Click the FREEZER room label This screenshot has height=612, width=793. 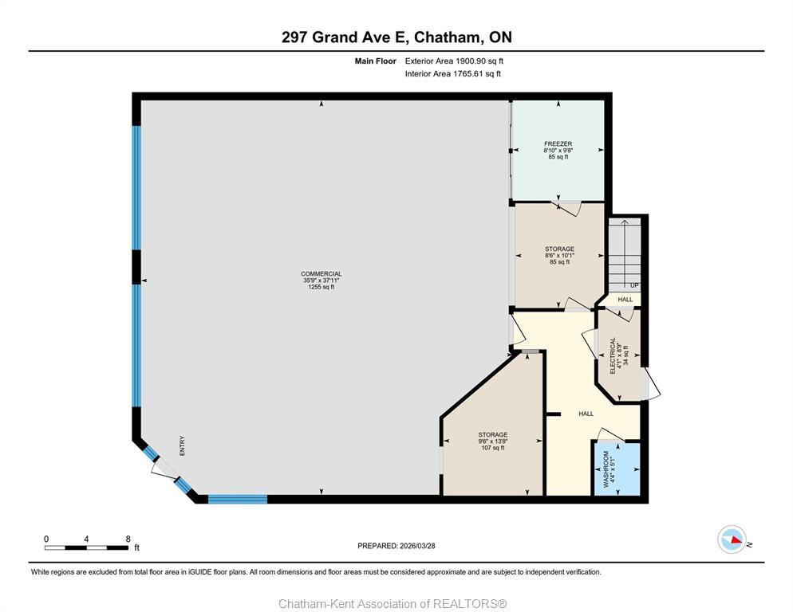click(x=558, y=144)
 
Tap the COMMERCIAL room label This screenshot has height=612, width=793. click(x=322, y=274)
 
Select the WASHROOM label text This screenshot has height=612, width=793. click(x=606, y=469)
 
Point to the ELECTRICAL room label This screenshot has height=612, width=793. click(x=613, y=355)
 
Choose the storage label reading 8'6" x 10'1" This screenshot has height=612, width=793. click(x=558, y=255)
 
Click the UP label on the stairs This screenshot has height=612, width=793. click(x=634, y=285)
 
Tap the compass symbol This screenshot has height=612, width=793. click(x=731, y=539)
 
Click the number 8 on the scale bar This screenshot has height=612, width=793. click(x=128, y=539)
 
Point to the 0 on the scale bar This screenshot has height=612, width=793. click(x=46, y=539)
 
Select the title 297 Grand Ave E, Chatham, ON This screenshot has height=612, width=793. click(x=396, y=37)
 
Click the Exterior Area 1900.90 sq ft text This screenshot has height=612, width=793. click(x=454, y=61)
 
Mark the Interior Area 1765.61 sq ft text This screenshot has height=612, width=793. click(x=452, y=74)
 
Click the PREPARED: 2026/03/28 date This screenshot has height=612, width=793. click(x=396, y=546)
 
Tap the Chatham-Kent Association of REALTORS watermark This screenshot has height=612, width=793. click(x=393, y=603)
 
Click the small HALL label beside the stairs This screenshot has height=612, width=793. click(x=625, y=300)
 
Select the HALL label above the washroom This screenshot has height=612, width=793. click(x=586, y=414)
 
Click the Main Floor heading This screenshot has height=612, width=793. click(x=375, y=61)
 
